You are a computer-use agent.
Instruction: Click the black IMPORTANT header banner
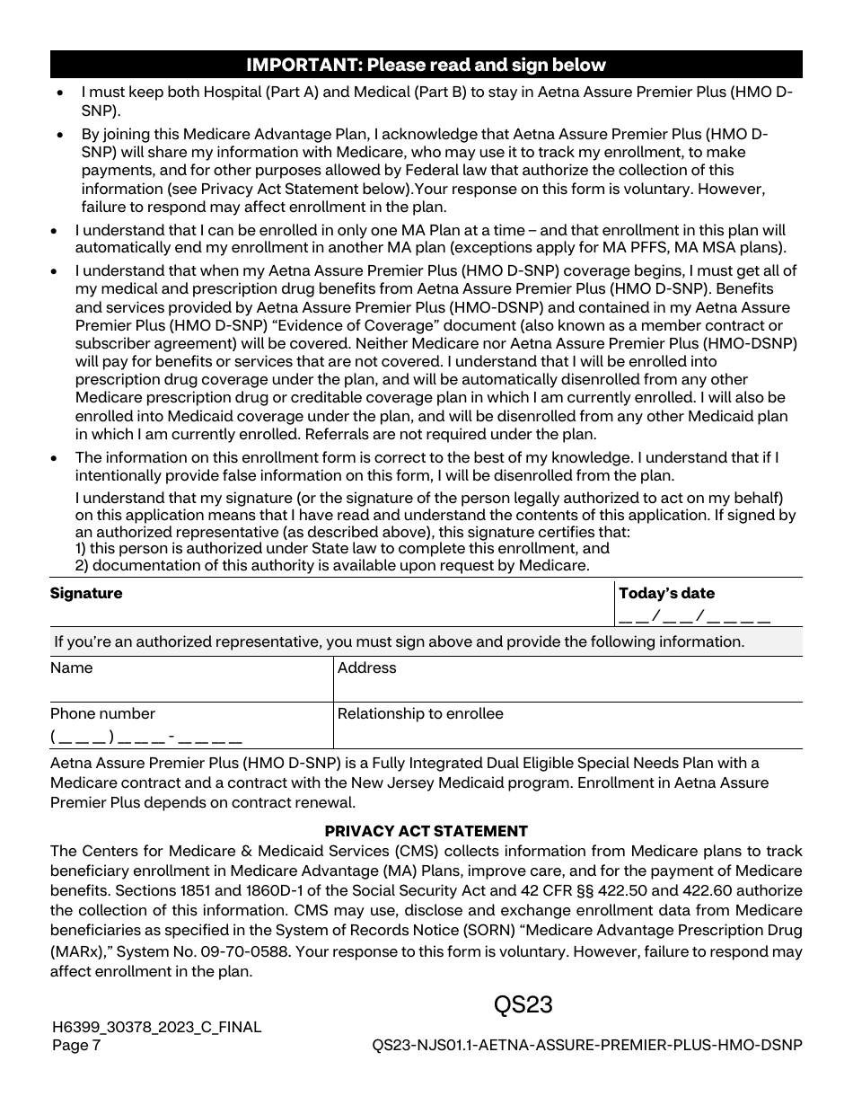coord(426,65)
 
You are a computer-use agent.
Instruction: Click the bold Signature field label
coord(86,593)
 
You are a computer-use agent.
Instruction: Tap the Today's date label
coord(666,593)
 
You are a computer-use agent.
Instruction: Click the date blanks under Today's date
coord(694,616)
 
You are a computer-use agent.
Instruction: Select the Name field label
coord(71,667)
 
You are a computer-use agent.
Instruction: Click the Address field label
coord(366,667)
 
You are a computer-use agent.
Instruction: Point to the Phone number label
coord(102,713)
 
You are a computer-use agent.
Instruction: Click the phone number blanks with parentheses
coord(146,738)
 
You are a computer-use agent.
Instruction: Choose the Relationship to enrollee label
coord(420,713)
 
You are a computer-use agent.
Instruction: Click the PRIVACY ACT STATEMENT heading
coord(426,831)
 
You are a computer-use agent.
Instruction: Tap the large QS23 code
coord(523,1004)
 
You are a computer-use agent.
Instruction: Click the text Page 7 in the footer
coord(76,1045)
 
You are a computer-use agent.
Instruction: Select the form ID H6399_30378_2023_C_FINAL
coord(156,1027)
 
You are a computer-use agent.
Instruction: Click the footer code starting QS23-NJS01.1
coord(586,1045)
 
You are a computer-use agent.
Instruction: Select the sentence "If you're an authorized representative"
coord(399,641)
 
